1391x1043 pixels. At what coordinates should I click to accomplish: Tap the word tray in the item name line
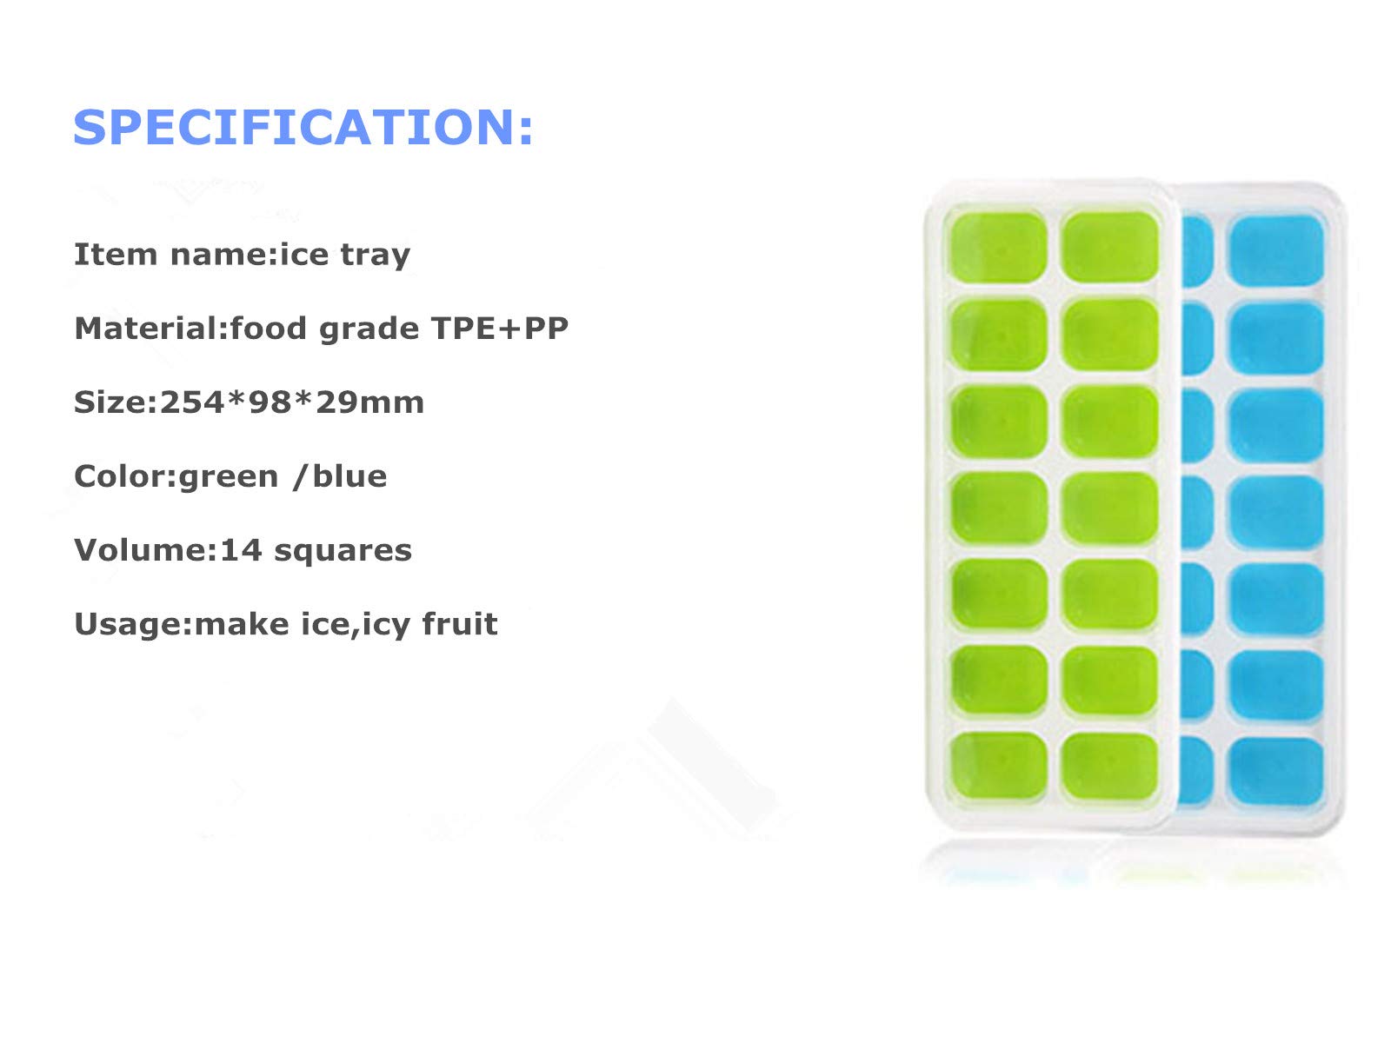[376, 256]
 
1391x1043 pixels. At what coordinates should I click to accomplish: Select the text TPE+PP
[499, 328]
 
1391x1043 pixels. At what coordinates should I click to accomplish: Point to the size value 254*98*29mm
[292, 402]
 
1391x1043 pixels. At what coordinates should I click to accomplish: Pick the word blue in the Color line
[349, 475]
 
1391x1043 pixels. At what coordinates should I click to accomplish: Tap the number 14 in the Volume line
[242, 549]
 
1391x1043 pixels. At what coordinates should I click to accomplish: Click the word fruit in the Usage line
[460, 623]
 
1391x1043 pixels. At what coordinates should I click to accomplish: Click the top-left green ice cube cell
[999, 247]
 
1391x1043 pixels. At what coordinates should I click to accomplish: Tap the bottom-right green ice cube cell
[1109, 766]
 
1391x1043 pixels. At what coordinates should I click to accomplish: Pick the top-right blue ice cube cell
[1275, 250]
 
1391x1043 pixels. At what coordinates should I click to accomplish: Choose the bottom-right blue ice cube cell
[1275, 771]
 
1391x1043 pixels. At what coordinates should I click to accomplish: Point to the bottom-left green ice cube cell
[999, 767]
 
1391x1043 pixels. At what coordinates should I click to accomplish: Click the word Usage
[128, 624]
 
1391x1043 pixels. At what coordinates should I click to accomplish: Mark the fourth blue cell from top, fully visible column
[1275, 511]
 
